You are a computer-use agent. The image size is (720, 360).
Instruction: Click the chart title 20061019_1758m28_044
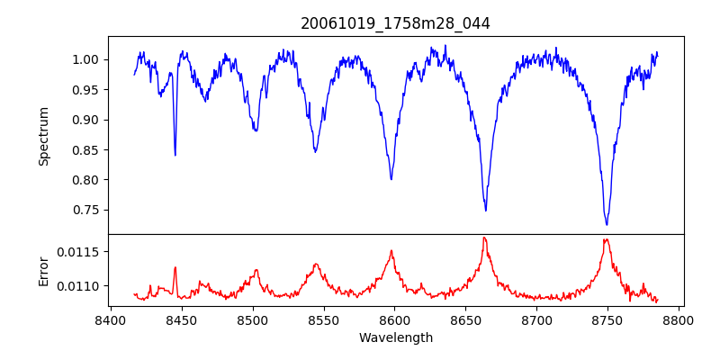[395, 23]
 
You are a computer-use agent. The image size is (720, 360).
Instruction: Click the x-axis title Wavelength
[395, 337]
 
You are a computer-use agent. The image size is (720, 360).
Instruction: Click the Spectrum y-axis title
[44, 136]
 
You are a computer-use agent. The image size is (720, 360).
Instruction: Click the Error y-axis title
[44, 270]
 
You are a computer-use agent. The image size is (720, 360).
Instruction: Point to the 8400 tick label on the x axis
[110, 319]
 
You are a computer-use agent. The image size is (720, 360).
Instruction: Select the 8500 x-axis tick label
[252, 319]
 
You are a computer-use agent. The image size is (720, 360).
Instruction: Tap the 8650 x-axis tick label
[465, 319]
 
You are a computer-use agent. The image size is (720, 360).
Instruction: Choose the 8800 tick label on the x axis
[679, 319]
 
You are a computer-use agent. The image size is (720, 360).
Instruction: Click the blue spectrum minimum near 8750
[607, 224]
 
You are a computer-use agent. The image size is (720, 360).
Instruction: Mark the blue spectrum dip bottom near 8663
[486, 210]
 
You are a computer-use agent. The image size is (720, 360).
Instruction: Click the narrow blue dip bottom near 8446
[175, 155]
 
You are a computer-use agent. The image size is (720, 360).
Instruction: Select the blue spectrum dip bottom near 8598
[391, 179]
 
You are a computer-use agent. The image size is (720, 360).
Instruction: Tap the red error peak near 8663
[484, 238]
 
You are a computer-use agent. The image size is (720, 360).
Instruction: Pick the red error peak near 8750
[607, 239]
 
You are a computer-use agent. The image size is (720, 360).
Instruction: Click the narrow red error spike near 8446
[175, 267]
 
